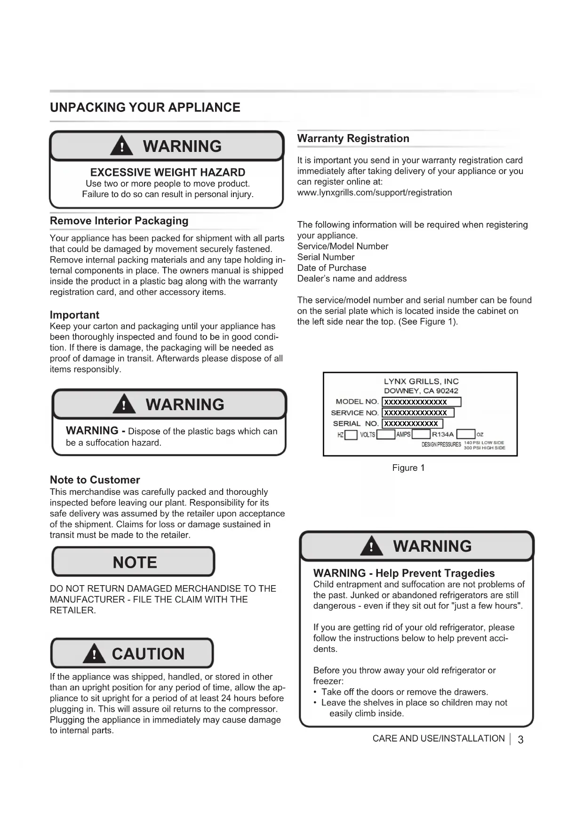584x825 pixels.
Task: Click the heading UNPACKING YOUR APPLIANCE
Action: tap(145, 108)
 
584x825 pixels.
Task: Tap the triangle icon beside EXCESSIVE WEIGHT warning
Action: tap(121, 146)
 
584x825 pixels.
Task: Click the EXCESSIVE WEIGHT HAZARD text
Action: tap(168, 172)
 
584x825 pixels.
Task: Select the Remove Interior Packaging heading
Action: tap(119, 221)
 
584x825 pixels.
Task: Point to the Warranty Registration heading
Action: tap(353, 139)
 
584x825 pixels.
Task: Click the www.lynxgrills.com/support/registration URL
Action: tap(375, 192)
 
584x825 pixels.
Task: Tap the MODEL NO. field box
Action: tap(421, 402)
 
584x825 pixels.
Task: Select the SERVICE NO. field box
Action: tap(418, 413)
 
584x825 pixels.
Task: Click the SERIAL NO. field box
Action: tap(412, 424)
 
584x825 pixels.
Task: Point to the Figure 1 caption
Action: tap(408, 468)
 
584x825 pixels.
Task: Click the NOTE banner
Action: tap(134, 562)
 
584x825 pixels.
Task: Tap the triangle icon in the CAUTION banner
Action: tap(94, 654)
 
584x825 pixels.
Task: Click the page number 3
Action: tap(520, 740)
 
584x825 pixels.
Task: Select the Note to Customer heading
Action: tap(95, 480)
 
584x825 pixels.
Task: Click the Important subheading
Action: tap(74, 315)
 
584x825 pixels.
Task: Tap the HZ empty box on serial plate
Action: tap(351, 435)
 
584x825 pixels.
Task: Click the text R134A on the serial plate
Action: tap(443, 435)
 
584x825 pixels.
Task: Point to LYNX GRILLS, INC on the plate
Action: tap(421, 381)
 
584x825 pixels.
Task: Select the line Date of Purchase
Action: tap(332, 268)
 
